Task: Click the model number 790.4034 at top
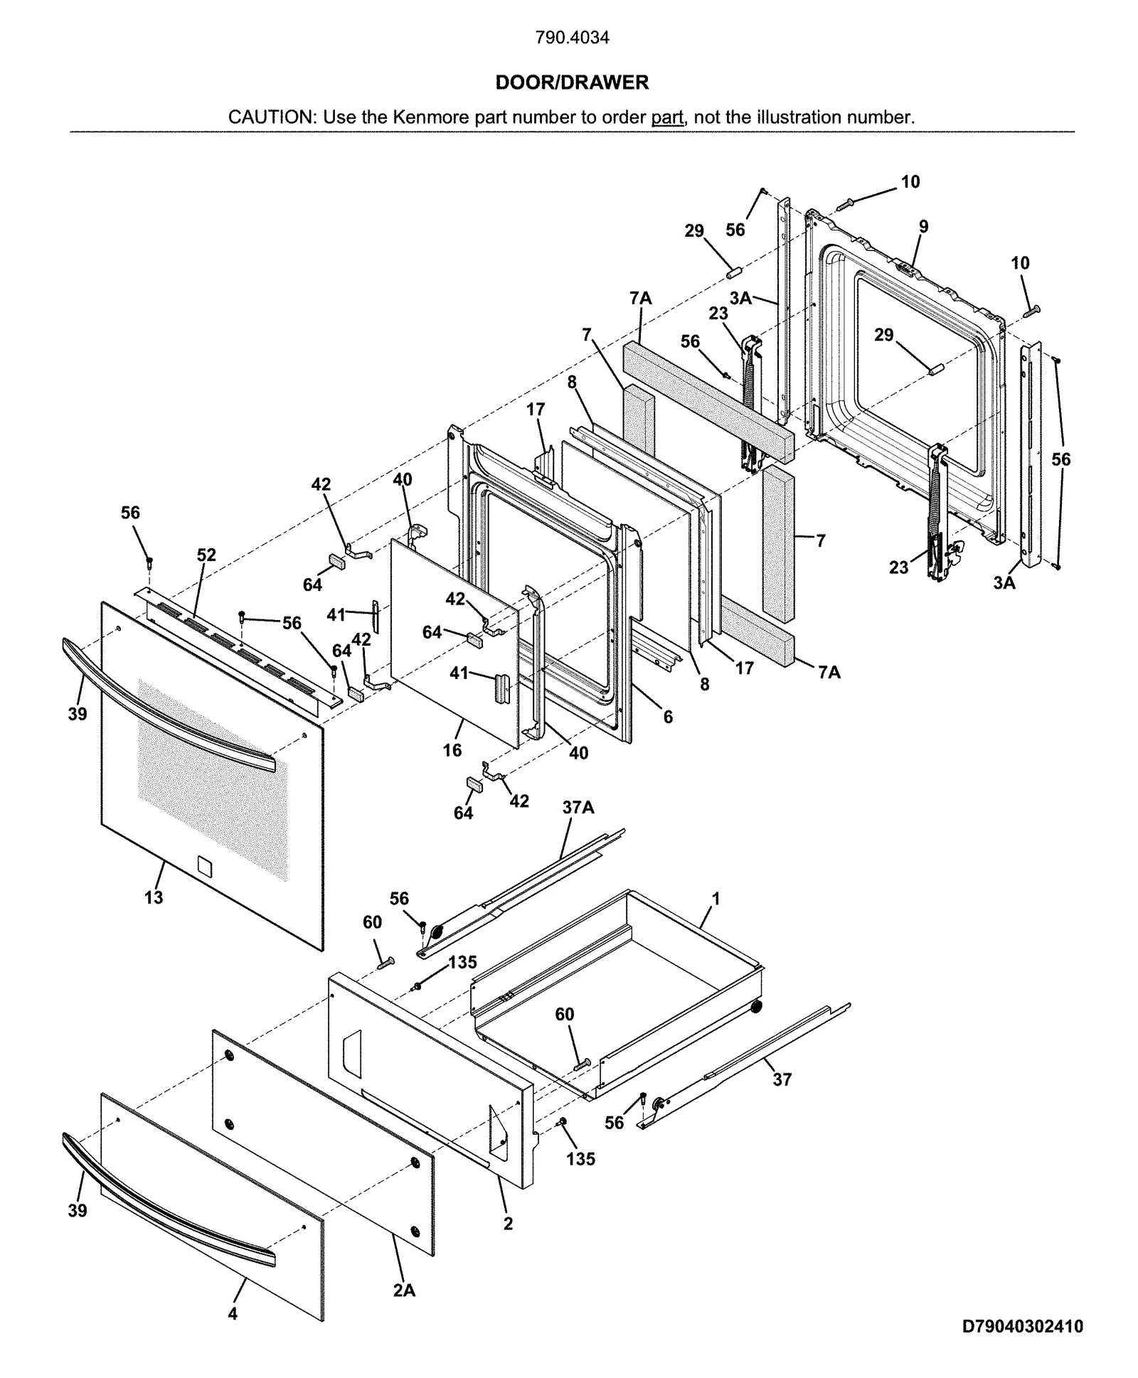click(x=572, y=38)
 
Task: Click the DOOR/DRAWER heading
click(x=572, y=82)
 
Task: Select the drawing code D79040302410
click(x=1022, y=1326)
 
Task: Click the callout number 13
click(x=154, y=897)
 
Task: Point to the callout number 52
click(x=206, y=555)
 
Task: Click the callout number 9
click(x=923, y=227)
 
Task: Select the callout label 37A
click(x=578, y=807)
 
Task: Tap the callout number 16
click(x=452, y=750)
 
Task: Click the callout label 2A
click(x=404, y=1290)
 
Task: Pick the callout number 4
click(x=233, y=1314)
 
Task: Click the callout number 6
click(x=668, y=717)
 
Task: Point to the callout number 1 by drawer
click(x=716, y=899)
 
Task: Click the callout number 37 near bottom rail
click(x=782, y=1079)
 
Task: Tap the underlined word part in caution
click(x=666, y=117)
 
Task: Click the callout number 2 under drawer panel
click(x=508, y=1224)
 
